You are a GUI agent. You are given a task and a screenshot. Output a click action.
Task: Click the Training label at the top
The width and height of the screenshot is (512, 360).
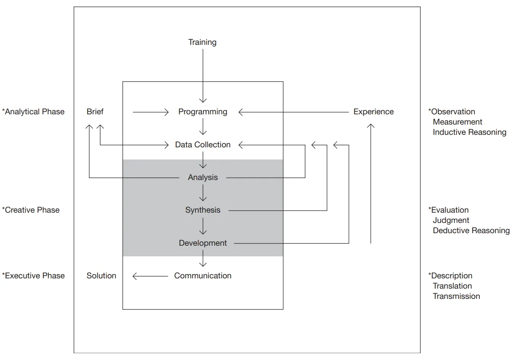pyautogui.click(x=202, y=42)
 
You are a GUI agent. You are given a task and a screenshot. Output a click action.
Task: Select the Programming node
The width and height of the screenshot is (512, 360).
pyautogui.click(x=203, y=112)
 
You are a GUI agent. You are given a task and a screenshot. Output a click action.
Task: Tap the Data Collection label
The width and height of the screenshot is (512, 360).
pyautogui.click(x=203, y=145)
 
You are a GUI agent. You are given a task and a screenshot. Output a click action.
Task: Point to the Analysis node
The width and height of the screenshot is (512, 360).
pyautogui.click(x=203, y=177)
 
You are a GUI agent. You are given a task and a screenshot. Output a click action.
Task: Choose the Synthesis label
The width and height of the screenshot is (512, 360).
pyautogui.click(x=203, y=210)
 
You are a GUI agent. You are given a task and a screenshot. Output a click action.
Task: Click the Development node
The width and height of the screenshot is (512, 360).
pyautogui.click(x=203, y=243)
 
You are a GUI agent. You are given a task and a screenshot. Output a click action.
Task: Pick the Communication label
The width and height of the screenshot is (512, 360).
pyautogui.click(x=203, y=276)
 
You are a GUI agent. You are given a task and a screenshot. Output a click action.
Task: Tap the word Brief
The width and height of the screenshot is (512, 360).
pyautogui.click(x=95, y=112)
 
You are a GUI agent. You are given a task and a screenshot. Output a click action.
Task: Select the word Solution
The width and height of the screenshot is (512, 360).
pyautogui.click(x=101, y=276)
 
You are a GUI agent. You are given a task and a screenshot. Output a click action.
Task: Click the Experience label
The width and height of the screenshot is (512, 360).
pyautogui.click(x=373, y=112)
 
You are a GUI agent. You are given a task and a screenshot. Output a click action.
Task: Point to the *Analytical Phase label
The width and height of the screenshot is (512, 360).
pyautogui.click(x=33, y=112)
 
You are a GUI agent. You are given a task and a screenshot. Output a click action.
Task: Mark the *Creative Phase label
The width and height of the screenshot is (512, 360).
pyautogui.click(x=31, y=210)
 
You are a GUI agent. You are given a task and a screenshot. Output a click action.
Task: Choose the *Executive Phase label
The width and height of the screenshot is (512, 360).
pyautogui.click(x=33, y=276)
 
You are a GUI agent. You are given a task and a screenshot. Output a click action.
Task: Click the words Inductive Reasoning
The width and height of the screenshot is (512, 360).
pyautogui.click(x=469, y=132)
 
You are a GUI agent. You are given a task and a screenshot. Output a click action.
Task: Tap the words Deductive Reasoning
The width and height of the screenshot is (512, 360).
pyautogui.click(x=471, y=231)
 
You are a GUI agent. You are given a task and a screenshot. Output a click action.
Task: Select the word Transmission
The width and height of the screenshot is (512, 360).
pyautogui.click(x=456, y=296)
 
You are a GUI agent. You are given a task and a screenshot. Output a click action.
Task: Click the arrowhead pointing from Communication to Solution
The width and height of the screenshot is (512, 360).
pyautogui.click(x=134, y=276)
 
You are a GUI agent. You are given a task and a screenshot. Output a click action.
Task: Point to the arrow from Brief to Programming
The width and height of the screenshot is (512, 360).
pyautogui.click(x=150, y=112)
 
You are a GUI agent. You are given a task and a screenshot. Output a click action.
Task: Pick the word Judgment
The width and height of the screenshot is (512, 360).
pyautogui.click(x=451, y=220)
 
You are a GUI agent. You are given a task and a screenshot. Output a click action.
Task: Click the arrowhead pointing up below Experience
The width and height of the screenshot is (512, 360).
pyautogui.click(x=371, y=126)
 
